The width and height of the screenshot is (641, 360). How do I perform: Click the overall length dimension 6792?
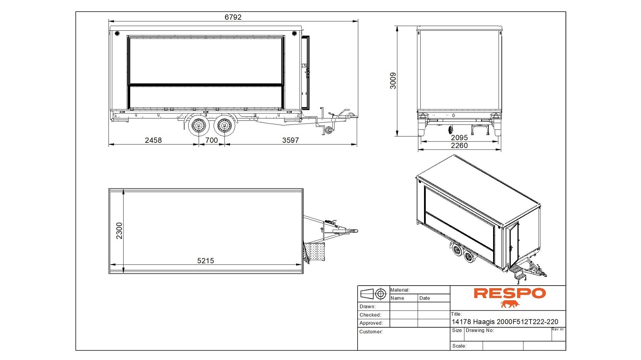coord(233,17)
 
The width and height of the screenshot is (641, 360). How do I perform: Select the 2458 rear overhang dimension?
coord(153,140)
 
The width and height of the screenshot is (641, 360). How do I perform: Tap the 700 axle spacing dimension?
coord(211,140)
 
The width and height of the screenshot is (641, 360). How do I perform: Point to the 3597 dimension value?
coord(290,140)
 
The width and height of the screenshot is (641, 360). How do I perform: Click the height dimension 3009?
coord(393,81)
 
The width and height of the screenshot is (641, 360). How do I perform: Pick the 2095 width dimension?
coord(459,137)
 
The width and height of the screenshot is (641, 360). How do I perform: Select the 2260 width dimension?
coord(459,145)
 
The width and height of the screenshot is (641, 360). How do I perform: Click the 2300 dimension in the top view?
coord(119,231)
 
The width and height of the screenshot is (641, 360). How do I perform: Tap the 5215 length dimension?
coord(206,261)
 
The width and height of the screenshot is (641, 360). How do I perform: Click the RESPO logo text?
coord(510,293)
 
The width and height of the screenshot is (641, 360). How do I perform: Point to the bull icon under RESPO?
coord(510,304)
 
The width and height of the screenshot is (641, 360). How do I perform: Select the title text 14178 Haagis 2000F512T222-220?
coord(505,322)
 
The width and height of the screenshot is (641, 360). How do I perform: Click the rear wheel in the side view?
coord(199,126)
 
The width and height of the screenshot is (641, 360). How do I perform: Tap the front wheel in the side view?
coord(224,126)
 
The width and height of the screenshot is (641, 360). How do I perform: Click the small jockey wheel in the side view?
coord(329,130)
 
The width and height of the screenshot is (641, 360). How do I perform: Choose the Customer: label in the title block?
coord(371,332)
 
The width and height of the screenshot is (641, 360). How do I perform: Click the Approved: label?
coord(371,323)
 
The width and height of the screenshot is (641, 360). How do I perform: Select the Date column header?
coord(425,298)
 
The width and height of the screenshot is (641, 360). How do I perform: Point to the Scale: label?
coord(459,346)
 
